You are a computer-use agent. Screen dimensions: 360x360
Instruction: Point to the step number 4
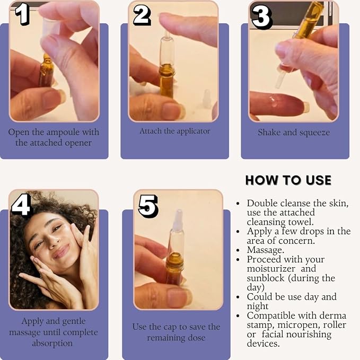tap(21, 205)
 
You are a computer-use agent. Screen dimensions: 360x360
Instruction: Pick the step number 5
tap(148, 206)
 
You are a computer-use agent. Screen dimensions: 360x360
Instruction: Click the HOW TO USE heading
tap(288, 180)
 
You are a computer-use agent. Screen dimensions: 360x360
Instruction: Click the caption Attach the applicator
tap(175, 131)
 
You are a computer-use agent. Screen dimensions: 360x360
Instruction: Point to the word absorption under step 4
tap(52, 344)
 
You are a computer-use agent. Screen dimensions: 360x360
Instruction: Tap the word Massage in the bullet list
tap(266, 250)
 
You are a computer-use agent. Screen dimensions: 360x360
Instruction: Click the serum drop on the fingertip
tap(273, 101)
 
